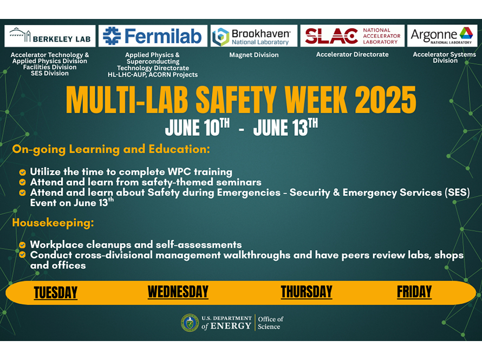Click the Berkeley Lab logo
50,36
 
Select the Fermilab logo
153,36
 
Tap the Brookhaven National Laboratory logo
254,36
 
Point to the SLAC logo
352,36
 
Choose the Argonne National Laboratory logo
442,36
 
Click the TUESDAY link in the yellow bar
56,292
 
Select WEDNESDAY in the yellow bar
178,292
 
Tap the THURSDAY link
307,292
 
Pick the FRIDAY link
414,292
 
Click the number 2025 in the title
386,100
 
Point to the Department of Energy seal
190,323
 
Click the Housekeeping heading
53,222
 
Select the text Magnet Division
254,55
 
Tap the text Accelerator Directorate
352,54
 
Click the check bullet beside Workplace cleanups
22,245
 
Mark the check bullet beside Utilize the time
22,172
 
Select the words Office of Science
270,323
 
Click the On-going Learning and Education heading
111,149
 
